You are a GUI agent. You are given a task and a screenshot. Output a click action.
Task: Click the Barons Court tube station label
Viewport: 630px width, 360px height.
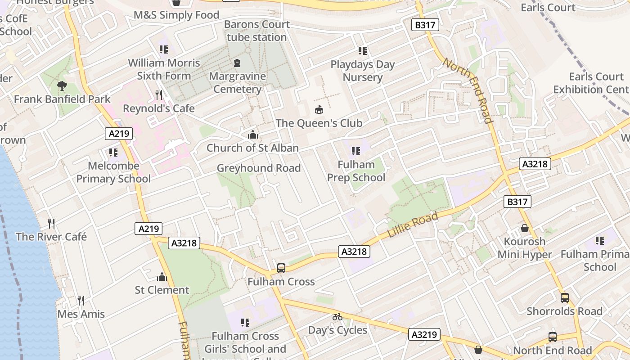(x=256, y=31)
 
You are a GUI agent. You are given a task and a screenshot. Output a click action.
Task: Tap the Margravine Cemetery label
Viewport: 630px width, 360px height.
(x=237, y=82)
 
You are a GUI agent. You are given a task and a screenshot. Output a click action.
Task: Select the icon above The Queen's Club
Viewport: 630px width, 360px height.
(x=319, y=109)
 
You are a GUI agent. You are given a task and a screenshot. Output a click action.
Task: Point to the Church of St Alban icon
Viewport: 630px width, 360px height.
(x=253, y=135)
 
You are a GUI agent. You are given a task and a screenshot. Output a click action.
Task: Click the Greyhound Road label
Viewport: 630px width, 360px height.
(x=259, y=168)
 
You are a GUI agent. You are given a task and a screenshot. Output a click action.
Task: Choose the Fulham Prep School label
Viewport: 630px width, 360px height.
(x=356, y=171)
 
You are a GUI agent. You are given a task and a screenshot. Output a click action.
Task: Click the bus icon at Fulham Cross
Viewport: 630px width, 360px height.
(x=281, y=268)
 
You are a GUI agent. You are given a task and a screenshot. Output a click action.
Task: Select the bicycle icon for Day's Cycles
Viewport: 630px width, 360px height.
(x=337, y=317)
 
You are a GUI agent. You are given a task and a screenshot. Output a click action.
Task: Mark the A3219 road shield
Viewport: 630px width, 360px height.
(x=424, y=334)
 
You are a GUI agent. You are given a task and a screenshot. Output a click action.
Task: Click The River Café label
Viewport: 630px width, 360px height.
(x=51, y=237)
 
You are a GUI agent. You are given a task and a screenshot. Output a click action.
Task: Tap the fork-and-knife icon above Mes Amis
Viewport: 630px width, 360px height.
(x=81, y=301)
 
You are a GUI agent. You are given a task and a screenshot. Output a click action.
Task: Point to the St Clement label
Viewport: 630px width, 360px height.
(x=162, y=290)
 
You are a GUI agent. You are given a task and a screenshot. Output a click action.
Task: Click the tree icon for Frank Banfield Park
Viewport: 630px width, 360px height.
(x=62, y=85)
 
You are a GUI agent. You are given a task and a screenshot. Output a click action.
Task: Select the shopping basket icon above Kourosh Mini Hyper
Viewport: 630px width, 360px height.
(x=524, y=228)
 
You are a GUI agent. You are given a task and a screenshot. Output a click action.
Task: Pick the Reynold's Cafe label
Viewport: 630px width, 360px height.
(x=159, y=108)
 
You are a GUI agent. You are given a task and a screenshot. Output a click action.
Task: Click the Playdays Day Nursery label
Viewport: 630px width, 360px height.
(x=363, y=71)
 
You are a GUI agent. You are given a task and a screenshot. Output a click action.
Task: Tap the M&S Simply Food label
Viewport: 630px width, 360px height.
(x=176, y=15)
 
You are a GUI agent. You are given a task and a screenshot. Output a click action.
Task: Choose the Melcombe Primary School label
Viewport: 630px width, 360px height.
(x=113, y=172)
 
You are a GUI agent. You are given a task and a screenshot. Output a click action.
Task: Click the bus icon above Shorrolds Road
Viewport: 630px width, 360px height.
(x=564, y=298)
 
